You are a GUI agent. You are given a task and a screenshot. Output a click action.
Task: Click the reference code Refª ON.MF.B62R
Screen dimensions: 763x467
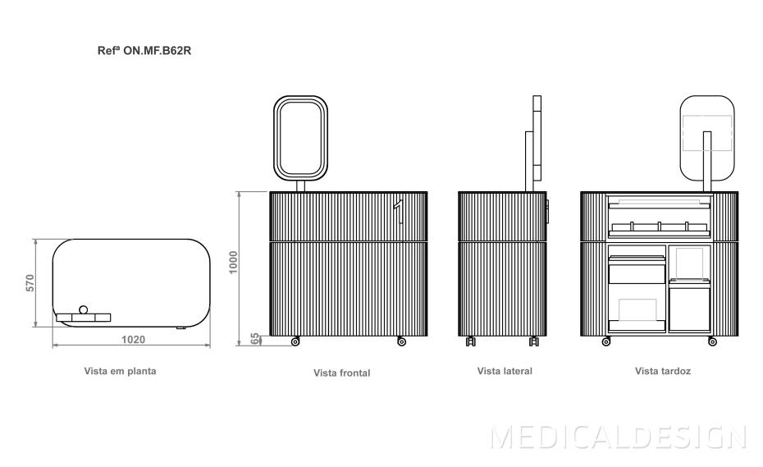(144, 51)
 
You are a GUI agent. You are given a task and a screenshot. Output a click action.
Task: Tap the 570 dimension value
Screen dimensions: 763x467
(30, 283)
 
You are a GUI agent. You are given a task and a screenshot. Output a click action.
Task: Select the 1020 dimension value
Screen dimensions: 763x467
(133, 340)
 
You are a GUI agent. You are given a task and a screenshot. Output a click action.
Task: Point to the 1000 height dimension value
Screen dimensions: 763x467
(234, 262)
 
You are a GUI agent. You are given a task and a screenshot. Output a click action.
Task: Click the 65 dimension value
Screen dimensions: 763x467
(255, 339)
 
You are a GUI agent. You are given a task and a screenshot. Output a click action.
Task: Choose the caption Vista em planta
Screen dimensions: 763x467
(120, 371)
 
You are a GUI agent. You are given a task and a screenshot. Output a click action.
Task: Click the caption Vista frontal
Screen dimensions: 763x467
(341, 373)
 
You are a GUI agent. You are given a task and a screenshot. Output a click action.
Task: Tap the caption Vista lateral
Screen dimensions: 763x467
(505, 371)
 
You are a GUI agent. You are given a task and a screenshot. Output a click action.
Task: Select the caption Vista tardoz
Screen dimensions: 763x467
(663, 371)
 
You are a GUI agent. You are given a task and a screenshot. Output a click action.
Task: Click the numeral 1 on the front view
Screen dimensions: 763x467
(399, 212)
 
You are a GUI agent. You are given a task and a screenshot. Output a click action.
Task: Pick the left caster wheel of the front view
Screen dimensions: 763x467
(295, 341)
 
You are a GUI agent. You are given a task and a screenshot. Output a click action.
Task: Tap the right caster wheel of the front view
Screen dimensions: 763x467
(401, 341)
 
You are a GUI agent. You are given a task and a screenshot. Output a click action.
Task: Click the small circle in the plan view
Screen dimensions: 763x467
(83, 309)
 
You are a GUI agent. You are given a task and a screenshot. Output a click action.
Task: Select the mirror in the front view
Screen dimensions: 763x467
(301, 138)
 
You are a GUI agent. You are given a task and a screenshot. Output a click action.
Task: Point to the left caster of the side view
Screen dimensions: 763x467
(471, 341)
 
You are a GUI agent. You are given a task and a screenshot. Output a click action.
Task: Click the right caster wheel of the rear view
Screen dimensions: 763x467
(712, 341)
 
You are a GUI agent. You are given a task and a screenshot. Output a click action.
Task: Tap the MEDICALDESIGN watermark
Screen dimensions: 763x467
(618, 437)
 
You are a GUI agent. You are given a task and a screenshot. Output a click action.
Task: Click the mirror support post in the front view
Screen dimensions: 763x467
(301, 185)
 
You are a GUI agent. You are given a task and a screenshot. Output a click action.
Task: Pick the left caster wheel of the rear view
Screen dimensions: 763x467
(606, 341)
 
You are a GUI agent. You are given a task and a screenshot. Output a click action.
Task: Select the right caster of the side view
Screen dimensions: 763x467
(534, 341)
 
